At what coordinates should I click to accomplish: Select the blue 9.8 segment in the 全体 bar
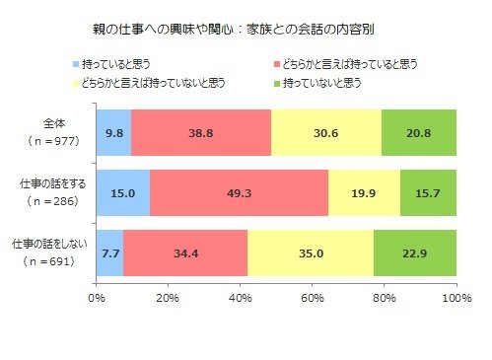[113, 131]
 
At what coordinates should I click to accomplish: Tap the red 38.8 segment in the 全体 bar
[201, 131]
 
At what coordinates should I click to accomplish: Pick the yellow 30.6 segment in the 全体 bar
[325, 131]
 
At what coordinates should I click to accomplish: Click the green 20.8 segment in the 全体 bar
[419, 131]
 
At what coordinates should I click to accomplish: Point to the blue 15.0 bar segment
[123, 192]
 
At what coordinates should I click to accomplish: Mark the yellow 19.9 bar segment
[364, 192]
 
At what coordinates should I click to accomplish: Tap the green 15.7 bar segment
[428, 192]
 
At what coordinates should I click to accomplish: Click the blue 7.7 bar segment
[110, 253]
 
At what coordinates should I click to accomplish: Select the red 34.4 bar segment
[185, 253]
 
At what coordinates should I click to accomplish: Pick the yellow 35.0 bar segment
[311, 253]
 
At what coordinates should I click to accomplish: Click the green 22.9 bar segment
[415, 253]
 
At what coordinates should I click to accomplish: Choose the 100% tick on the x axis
[456, 296]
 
